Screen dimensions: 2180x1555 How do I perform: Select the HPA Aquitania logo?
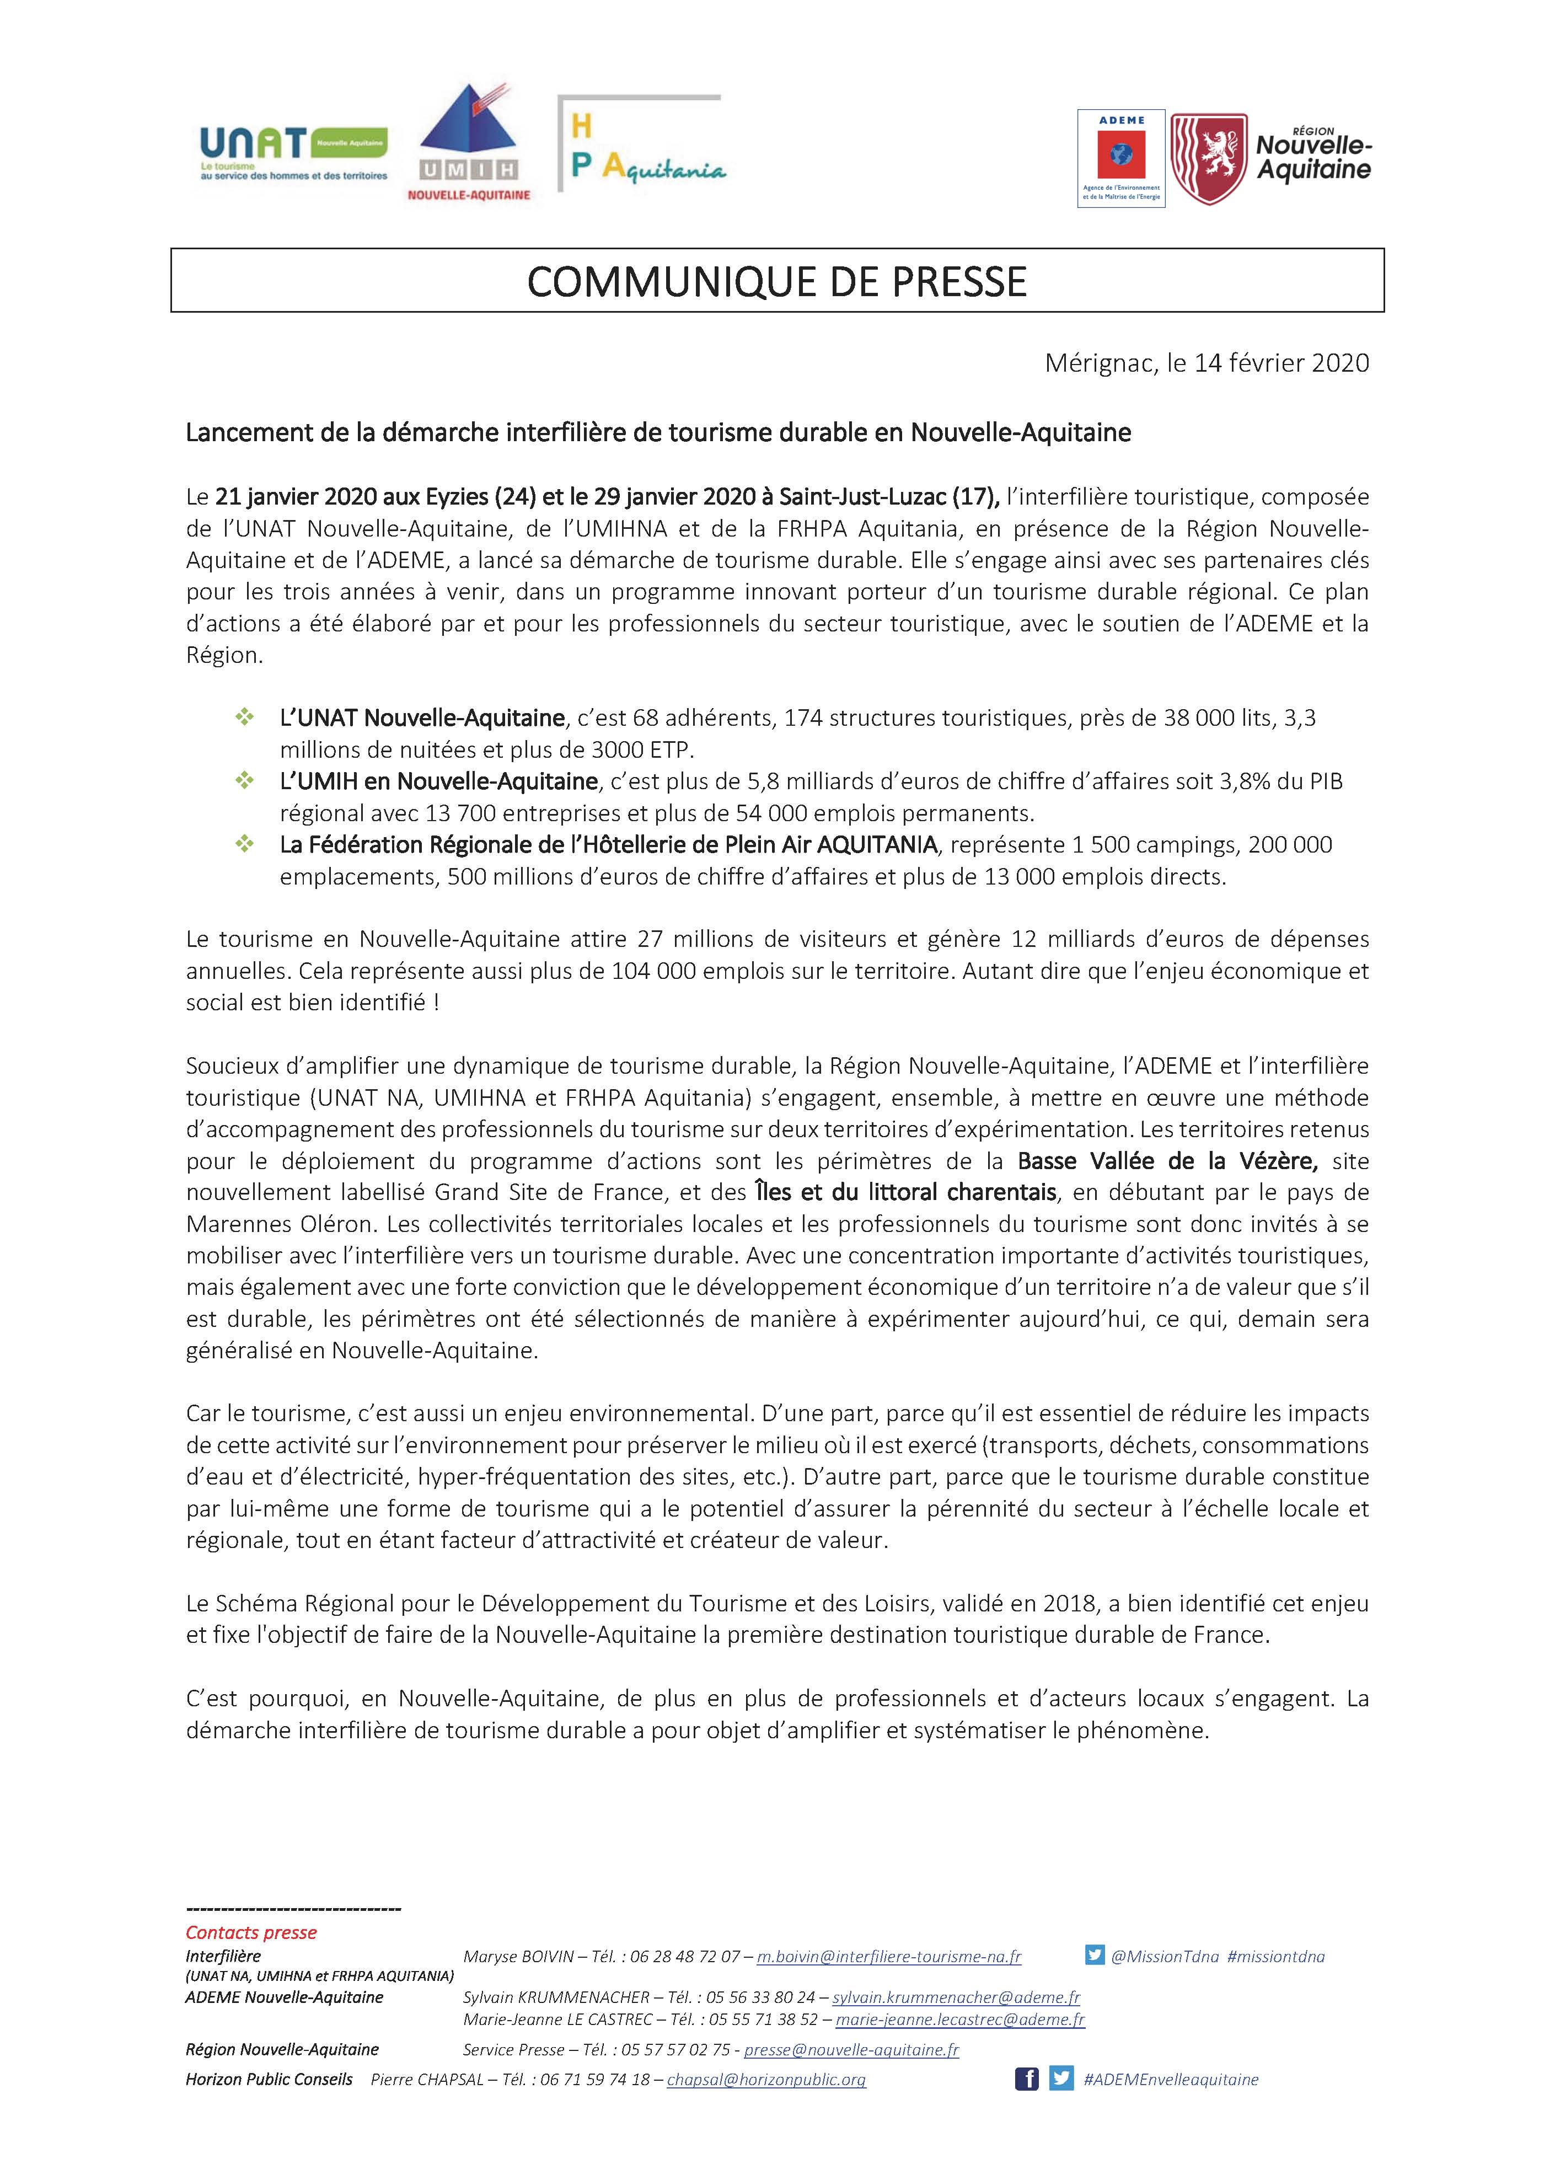click(x=641, y=148)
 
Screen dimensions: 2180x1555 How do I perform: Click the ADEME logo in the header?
click(x=1120, y=158)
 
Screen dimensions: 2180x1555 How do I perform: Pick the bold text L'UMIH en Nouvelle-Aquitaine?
click(x=438, y=781)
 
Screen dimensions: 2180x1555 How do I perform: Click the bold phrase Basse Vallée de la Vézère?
click(x=1167, y=1161)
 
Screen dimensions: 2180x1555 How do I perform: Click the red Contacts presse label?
click(x=251, y=1932)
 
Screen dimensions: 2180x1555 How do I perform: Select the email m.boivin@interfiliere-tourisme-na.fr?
click(x=888, y=1957)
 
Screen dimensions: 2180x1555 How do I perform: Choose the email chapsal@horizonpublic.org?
click(x=766, y=2080)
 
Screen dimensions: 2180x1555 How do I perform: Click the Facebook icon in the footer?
click(x=1026, y=2079)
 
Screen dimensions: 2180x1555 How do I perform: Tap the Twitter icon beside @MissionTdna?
click(x=1095, y=1956)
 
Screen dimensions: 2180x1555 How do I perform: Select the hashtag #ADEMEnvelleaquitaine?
click(x=1170, y=2080)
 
